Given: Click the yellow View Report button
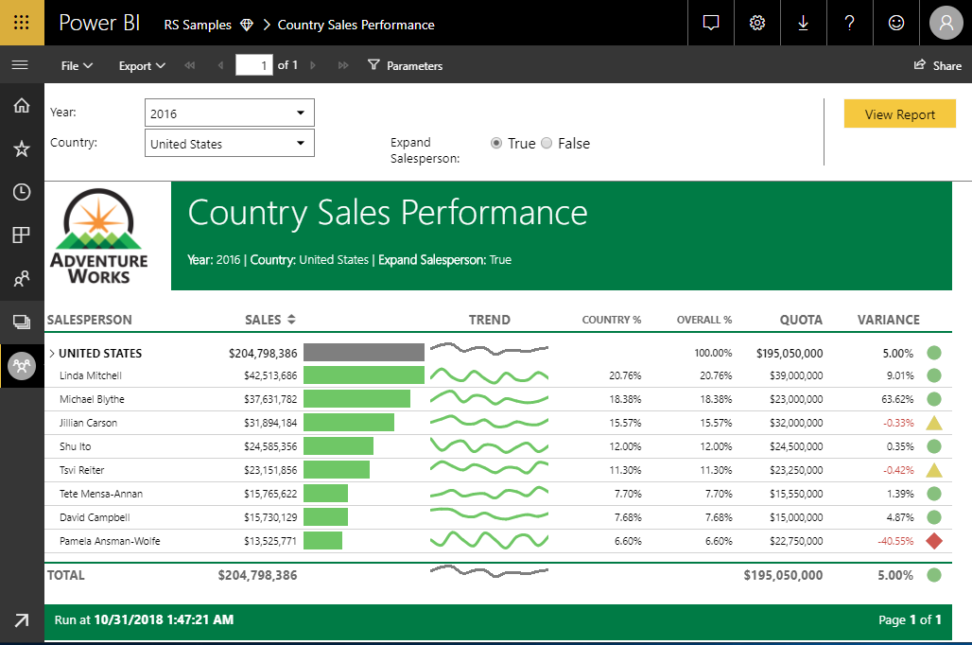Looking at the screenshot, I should point(899,114).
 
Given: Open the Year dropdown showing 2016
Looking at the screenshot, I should point(230,113).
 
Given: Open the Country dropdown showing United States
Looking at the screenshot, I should point(230,144).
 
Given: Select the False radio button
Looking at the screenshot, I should point(547,144).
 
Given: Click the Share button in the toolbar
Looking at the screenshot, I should point(937,65).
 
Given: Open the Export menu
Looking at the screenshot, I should point(142,65).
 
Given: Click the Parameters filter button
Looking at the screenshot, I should point(405,65).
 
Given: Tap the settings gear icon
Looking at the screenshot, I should point(756,24).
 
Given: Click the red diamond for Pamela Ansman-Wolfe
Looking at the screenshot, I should point(934,541).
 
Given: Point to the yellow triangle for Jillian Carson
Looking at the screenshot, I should point(934,424).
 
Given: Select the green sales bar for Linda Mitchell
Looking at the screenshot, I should point(363,375).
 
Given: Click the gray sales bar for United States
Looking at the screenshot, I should point(363,353).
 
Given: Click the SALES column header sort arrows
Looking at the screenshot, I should point(292,320).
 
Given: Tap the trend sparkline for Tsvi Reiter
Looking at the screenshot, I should point(489,470).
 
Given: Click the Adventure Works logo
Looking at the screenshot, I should point(99,236).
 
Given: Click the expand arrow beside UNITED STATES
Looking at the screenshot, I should point(51,354).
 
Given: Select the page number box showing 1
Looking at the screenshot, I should point(253,65).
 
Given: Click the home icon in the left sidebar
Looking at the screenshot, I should point(21,105).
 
